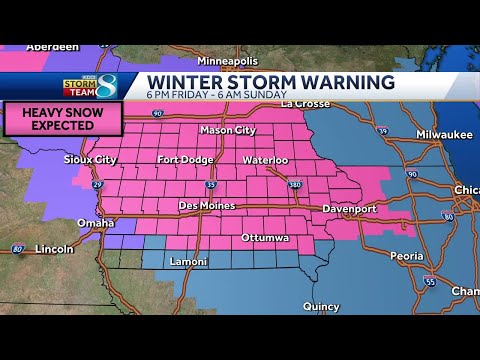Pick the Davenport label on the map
[x=349, y=208]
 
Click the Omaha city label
[x=95, y=222]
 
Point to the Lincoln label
[x=53, y=248]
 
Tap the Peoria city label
[x=406, y=256]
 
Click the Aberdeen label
[x=25, y=48]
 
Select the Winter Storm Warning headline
[x=270, y=82]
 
